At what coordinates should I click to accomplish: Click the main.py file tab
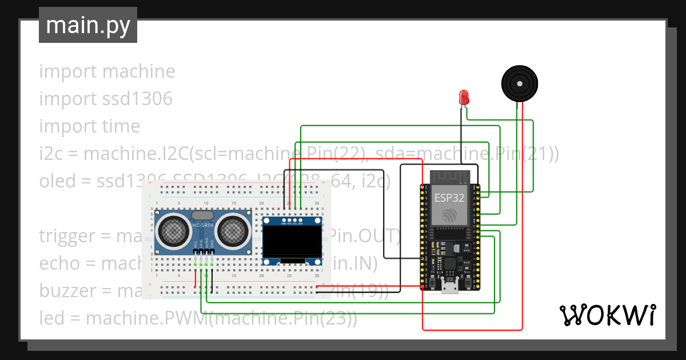click(x=87, y=25)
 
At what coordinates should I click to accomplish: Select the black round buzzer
click(x=520, y=84)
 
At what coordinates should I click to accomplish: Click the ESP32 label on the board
click(x=449, y=198)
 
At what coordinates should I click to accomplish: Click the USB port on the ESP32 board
click(x=449, y=287)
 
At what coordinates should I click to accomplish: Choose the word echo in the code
click(x=59, y=263)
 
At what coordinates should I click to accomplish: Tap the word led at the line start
click(x=51, y=318)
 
